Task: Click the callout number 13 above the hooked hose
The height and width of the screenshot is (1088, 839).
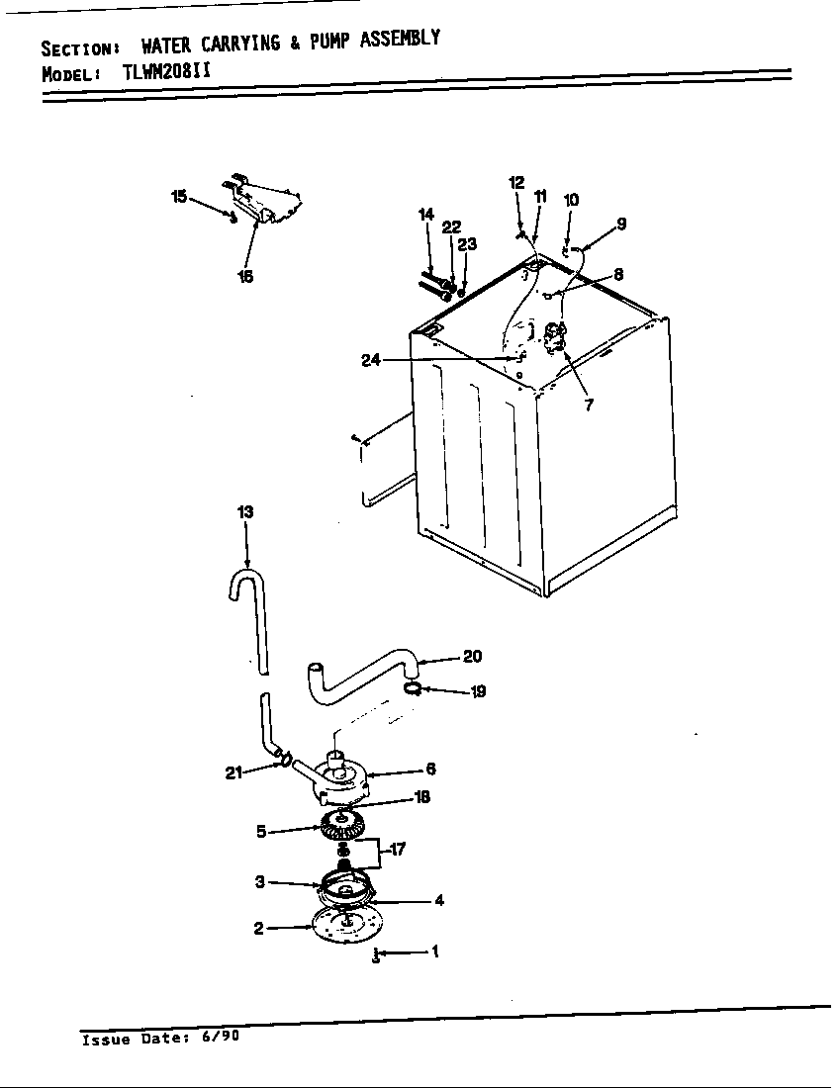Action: (x=245, y=511)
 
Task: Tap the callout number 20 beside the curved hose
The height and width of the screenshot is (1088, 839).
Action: (x=473, y=656)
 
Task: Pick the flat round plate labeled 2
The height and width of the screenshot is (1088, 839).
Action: (x=339, y=927)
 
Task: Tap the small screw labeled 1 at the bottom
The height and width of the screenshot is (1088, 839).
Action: (x=377, y=955)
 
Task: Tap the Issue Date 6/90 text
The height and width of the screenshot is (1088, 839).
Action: (x=159, y=1039)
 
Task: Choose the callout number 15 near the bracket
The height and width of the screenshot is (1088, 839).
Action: (x=179, y=197)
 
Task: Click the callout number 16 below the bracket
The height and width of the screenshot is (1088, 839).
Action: (x=245, y=277)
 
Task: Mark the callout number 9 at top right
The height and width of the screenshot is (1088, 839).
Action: (x=621, y=224)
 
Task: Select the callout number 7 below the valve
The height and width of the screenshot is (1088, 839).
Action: (x=590, y=405)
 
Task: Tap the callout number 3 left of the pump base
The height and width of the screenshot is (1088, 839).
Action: (x=260, y=880)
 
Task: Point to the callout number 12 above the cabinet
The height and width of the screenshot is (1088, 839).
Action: (x=516, y=182)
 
